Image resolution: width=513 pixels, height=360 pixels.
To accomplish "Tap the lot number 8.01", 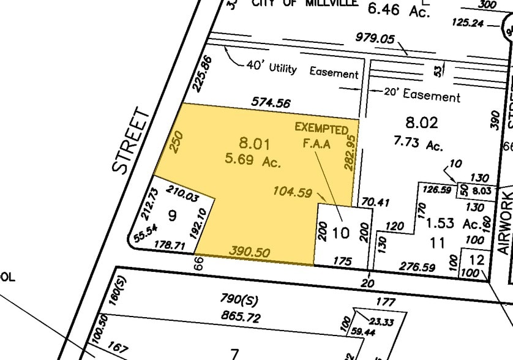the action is coord(254,144).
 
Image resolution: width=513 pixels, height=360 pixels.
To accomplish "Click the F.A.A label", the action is coord(316,144).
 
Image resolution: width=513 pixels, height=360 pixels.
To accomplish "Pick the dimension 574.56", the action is coord(270,103).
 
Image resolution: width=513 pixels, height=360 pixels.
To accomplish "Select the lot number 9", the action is coord(171,216).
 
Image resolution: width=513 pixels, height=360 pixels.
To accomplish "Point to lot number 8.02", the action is coord(422,122).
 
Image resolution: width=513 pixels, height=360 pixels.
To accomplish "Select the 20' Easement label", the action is coord(422,96).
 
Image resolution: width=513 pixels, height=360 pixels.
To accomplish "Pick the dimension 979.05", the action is coord(375,38).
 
